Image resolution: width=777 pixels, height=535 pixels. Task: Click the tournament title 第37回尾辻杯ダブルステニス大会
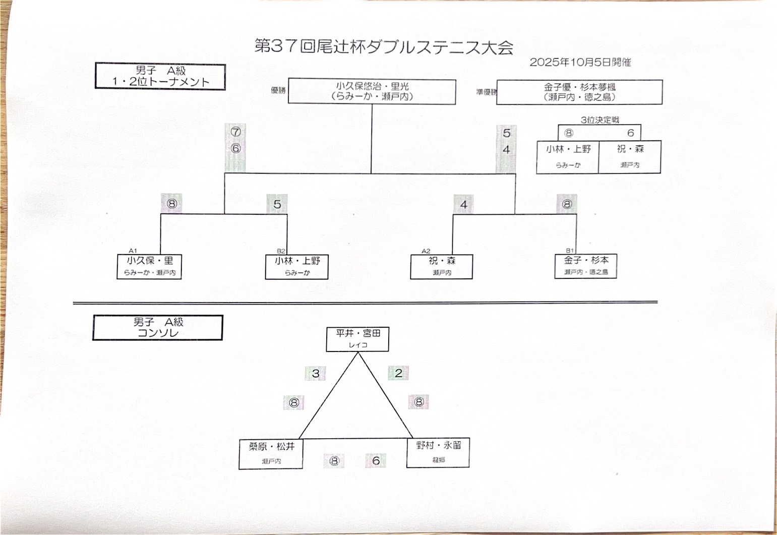pyautogui.click(x=384, y=47)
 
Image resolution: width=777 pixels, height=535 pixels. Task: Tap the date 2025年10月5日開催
pyautogui.click(x=580, y=63)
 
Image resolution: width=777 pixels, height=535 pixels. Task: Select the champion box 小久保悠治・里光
pyautogui.click(x=372, y=91)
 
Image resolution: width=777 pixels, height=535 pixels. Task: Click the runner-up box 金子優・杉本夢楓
pyautogui.click(x=579, y=92)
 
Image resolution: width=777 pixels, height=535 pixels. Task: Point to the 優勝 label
pyautogui.click(x=278, y=90)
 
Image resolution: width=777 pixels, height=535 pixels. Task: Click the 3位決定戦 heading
pyautogui.click(x=599, y=120)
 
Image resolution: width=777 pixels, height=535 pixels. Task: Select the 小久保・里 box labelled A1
pyautogui.click(x=149, y=266)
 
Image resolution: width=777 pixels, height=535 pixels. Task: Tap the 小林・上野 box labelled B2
pyautogui.click(x=297, y=267)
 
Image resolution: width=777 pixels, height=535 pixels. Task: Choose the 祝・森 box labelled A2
pyautogui.click(x=442, y=266)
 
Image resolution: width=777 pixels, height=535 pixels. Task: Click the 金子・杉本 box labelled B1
pyautogui.click(x=586, y=266)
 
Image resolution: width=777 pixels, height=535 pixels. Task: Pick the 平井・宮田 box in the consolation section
pyautogui.click(x=357, y=339)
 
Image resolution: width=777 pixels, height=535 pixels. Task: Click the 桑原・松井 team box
pyautogui.click(x=271, y=453)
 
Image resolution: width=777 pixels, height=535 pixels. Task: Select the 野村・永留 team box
pyautogui.click(x=438, y=452)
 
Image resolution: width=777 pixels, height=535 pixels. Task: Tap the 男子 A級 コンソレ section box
pyautogui.click(x=158, y=328)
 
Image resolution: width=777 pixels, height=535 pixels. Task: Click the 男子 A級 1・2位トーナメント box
pyautogui.click(x=160, y=77)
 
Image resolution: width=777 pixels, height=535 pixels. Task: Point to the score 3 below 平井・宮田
pyautogui.click(x=316, y=374)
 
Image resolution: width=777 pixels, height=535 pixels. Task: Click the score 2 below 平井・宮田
pyautogui.click(x=398, y=373)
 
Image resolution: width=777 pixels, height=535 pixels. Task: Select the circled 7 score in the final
pyautogui.click(x=235, y=132)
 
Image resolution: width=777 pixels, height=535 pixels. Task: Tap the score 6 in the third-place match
pyautogui.click(x=630, y=133)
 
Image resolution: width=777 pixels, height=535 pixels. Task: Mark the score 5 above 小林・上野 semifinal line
pyautogui.click(x=277, y=204)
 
